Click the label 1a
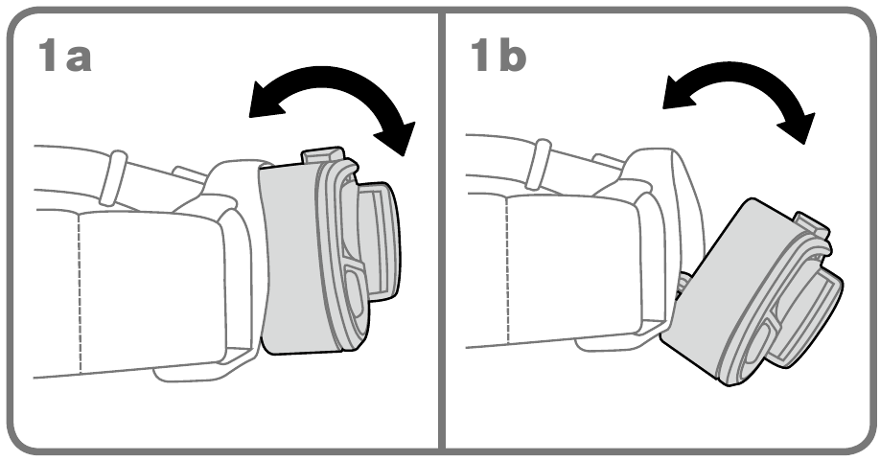(64, 57)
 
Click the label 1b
(498, 56)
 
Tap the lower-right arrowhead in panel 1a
(398, 137)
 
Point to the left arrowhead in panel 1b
(677, 93)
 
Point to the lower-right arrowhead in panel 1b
(797, 127)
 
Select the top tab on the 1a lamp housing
(323, 155)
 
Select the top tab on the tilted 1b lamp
(812, 224)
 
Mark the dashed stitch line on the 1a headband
(80, 292)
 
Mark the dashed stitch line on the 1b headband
(507, 271)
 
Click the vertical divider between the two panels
(441, 230)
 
